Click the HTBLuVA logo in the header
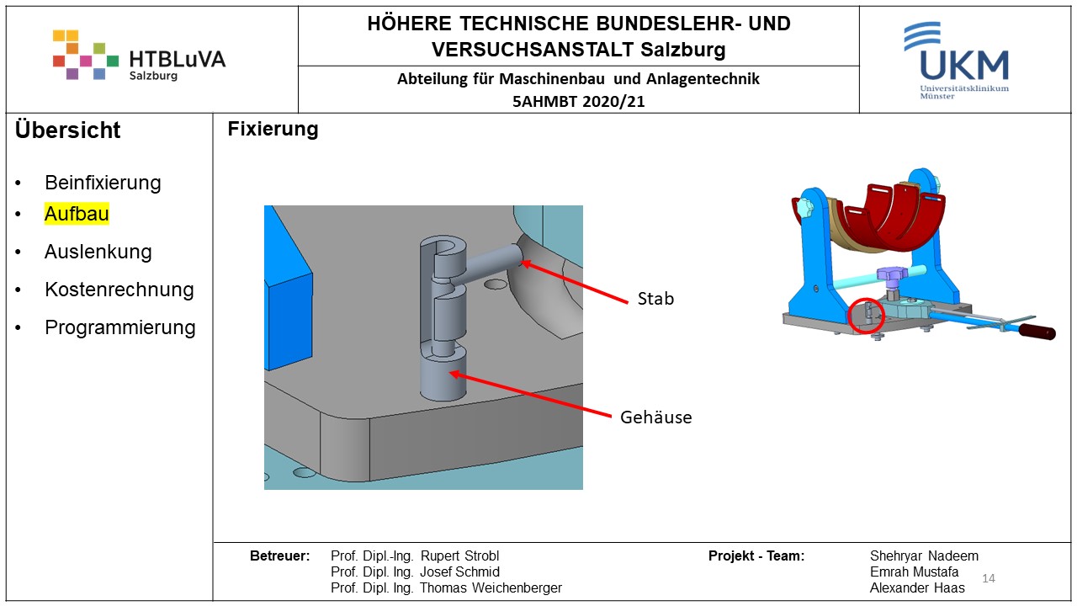[139, 56]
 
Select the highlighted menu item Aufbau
[77, 214]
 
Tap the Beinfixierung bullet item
[103, 183]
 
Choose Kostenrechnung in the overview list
[119, 290]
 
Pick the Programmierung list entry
[119, 327]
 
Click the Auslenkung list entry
[98, 252]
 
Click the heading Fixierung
[273, 130]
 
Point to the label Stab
[655, 299]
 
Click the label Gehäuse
[655, 417]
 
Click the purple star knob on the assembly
[889, 275]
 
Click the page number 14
[989, 578]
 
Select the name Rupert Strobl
[459, 556]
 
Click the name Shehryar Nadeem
[924, 556]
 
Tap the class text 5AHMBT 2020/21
[578, 102]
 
